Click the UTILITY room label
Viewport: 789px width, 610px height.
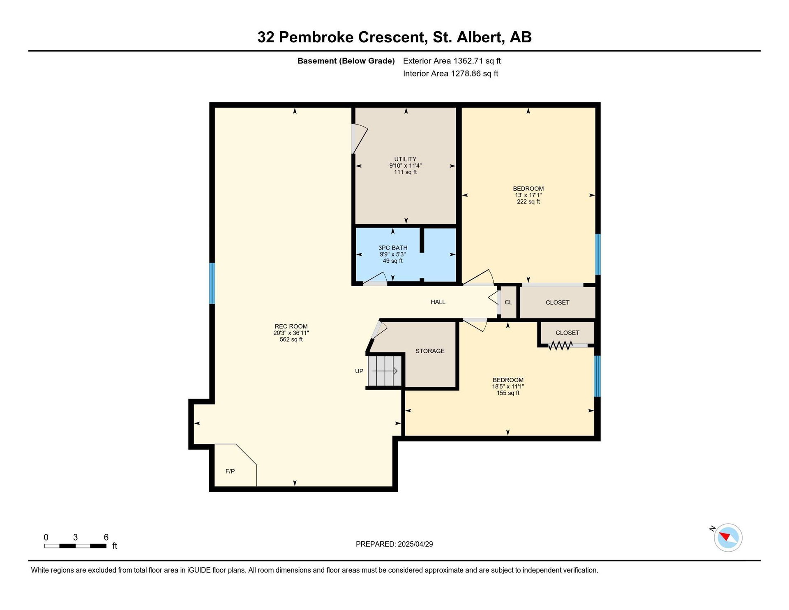(405, 159)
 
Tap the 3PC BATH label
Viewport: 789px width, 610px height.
(393, 248)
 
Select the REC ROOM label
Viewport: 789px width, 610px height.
(291, 326)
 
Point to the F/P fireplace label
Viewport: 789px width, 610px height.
(230, 471)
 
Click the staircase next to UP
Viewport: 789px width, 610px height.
(385, 371)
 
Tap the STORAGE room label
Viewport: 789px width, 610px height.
(430, 351)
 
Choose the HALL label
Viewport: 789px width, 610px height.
(438, 302)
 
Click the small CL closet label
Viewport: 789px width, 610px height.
(508, 302)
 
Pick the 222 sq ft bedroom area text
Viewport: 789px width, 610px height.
(528, 202)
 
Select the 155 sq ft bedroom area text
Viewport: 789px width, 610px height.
(508, 393)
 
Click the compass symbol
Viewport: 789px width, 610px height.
(728, 537)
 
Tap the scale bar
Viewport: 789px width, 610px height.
(75, 546)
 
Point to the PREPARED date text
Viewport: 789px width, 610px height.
(394, 544)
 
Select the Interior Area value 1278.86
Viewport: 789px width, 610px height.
(466, 74)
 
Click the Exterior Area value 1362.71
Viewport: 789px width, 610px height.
(468, 61)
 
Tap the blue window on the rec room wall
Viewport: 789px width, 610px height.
(212, 283)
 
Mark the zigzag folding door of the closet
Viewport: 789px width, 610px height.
(560, 346)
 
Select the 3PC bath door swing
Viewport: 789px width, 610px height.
(375, 279)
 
